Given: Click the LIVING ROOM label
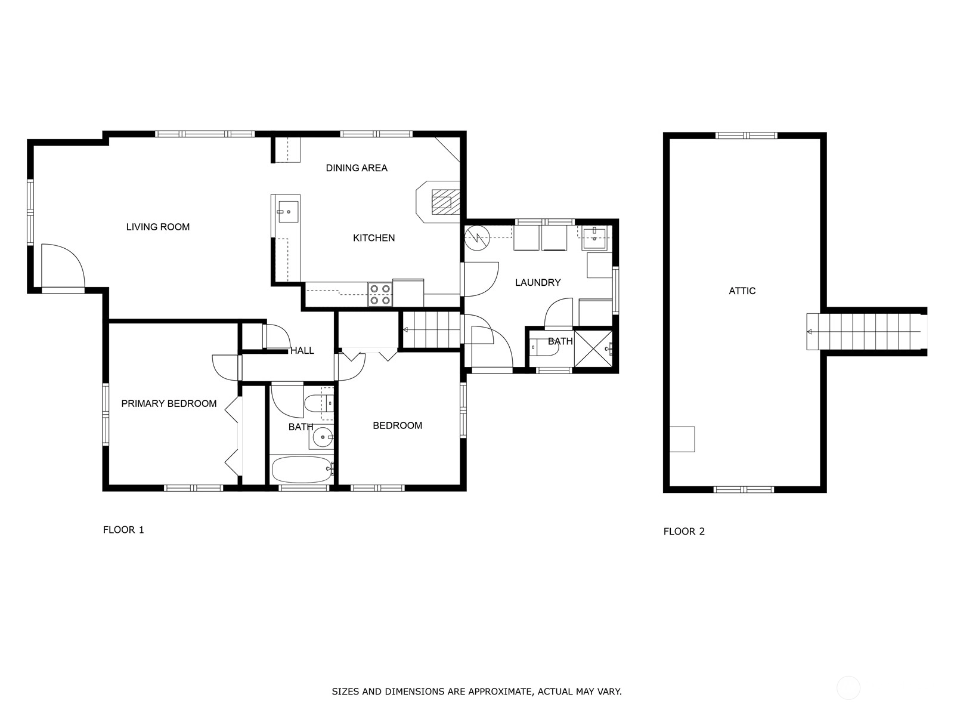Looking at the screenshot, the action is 158,227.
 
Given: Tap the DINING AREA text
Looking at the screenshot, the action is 357,168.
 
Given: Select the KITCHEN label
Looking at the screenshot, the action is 374,238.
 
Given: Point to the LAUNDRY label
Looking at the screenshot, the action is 538,283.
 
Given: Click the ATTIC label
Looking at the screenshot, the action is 742,291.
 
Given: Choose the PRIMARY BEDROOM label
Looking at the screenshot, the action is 169,403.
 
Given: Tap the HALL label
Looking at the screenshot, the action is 302,350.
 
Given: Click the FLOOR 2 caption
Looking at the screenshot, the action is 684,531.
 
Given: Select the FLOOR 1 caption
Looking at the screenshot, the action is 123,529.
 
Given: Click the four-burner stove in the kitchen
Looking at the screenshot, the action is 380,294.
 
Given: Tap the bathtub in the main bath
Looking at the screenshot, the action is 302,470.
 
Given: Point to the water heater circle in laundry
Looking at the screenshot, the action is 477,238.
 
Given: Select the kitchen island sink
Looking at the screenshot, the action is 288,212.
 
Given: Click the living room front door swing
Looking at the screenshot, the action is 63,266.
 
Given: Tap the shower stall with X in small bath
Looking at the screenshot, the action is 593,348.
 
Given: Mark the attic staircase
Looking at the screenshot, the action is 866,332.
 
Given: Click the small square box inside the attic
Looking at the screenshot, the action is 682,439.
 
